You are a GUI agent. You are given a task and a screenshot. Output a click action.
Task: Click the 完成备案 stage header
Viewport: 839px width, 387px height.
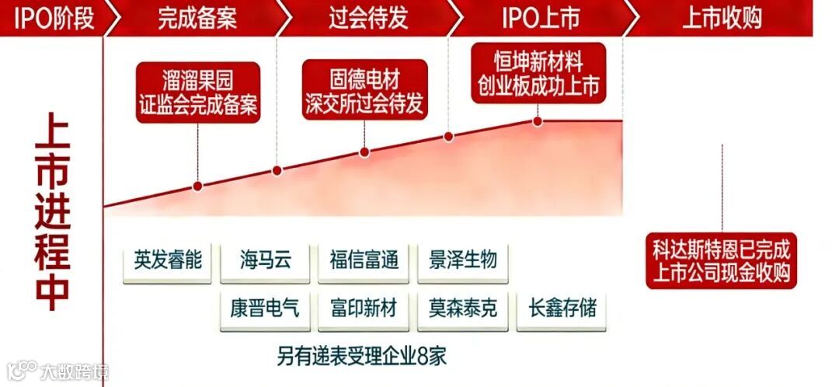tap(197, 17)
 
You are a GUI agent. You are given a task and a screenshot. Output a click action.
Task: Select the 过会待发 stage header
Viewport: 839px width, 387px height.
tap(368, 17)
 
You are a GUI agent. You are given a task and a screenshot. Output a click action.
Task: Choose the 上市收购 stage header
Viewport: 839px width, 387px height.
tap(722, 17)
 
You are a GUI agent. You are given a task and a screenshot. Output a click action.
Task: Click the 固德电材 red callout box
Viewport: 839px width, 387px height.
tap(364, 90)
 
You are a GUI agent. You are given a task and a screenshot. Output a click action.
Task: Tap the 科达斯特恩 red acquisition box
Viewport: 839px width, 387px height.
tap(722, 262)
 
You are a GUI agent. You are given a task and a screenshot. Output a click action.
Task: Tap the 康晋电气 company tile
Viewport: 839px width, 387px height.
tap(266, 309)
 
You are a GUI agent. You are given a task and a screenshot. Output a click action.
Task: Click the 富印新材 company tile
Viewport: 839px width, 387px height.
tap(364, 309)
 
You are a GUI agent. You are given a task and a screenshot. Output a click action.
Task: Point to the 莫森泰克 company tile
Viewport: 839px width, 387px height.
tap(463, 309)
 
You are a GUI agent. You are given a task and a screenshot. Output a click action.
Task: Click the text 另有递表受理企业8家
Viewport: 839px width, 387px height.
tap(362, 357)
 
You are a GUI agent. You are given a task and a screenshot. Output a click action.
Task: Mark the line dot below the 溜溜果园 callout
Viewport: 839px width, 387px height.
tap(197, 186)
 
